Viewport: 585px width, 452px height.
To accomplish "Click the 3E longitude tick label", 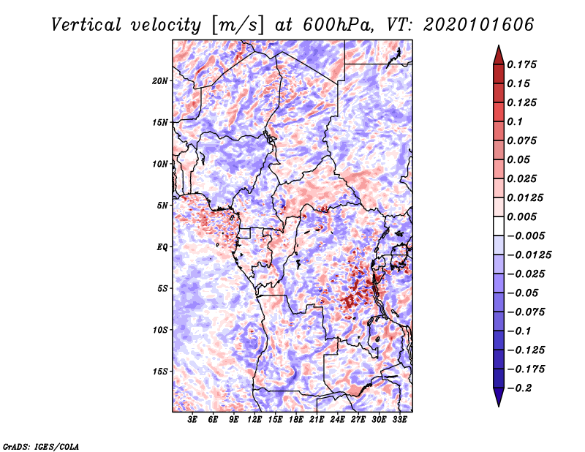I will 192,420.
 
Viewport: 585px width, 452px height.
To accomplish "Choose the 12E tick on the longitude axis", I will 254,420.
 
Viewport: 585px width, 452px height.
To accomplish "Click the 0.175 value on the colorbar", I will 524,64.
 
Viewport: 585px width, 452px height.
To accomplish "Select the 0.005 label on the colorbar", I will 524,217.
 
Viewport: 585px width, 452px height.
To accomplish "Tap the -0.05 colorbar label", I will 524,293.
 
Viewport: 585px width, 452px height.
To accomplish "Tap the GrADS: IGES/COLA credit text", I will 40,445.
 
